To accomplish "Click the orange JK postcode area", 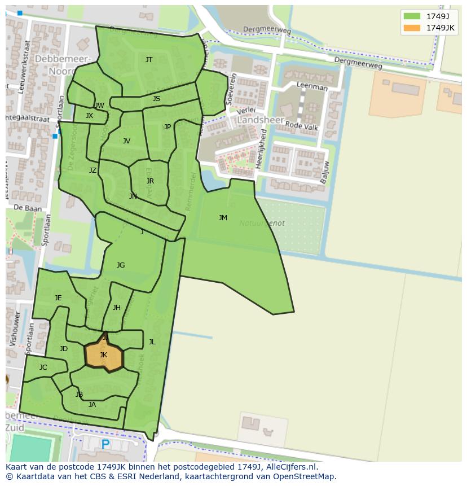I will [x=104, y=356].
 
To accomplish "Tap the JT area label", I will [x=149, y=59].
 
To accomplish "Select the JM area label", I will [x=223, y=217].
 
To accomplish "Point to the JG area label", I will [x=121, y=265].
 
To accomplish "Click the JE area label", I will [x=58, y=297].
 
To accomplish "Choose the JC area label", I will [x=43, y=367].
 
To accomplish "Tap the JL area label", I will [x=152, y=341].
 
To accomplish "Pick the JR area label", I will [x=150, y=181].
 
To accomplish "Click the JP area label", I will [x=168, y=127].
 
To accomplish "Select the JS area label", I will [x=156, y=98].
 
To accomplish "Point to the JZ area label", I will [x=92, y=170].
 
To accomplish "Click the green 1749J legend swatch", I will [x=412, y=16].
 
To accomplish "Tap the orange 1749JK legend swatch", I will [x=412, y=28].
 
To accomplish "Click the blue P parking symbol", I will [x=105, y=445].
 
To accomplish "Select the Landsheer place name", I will [x=257, y=120].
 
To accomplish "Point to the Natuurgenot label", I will [x=262, y=223].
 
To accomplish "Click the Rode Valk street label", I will [x=302, y=125].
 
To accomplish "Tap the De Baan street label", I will [x=27, y=208].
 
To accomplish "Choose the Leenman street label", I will [x=312, y=87].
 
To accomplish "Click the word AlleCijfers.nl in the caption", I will [x=292, y=467].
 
